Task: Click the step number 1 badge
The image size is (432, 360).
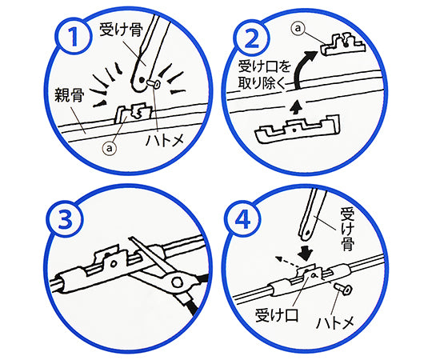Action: point(74,36)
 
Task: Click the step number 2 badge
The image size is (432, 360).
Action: point(251,38)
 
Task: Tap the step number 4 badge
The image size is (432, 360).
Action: point(242,219)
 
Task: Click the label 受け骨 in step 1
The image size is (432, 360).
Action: point(122,30)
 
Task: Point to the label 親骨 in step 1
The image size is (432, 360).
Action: point(69,95)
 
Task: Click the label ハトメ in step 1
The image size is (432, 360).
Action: point(165,140)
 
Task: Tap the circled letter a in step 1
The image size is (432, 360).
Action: point(110,149)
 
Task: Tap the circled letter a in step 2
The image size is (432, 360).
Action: point(298,28)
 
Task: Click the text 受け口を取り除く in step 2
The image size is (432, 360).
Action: point(264,75)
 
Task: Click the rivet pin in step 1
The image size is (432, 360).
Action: point(154,84)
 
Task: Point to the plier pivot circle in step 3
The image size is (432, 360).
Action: point(177,282)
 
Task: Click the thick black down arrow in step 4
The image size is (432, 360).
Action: point(306,253)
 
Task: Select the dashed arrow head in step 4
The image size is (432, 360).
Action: point(279,258)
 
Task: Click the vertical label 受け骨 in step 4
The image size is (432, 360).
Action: point(347,230)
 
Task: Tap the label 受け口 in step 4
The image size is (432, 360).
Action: point(277,315)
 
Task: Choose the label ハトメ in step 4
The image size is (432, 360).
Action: point(335,323)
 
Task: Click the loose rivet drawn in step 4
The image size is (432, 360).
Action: point(342,290)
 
